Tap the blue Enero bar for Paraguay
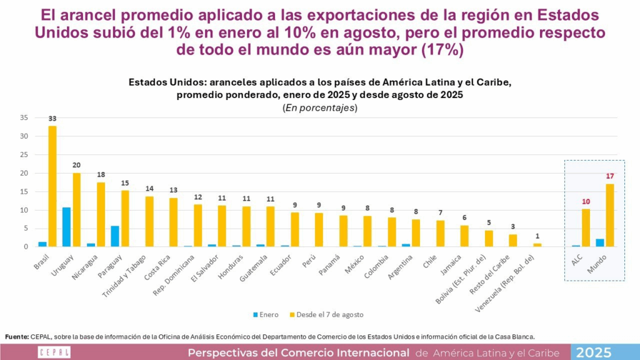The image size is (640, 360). click(x=114, y=236)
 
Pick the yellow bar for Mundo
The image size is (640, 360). click(x=611, y=215)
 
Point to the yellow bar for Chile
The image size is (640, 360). click(x=440, y=233)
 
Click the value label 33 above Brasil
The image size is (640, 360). click(x=52, y=119)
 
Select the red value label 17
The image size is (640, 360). click(x=611, y=176)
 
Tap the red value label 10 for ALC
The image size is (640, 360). click(x=586, y=201)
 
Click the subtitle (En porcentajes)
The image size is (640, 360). click(x=320, y=107)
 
